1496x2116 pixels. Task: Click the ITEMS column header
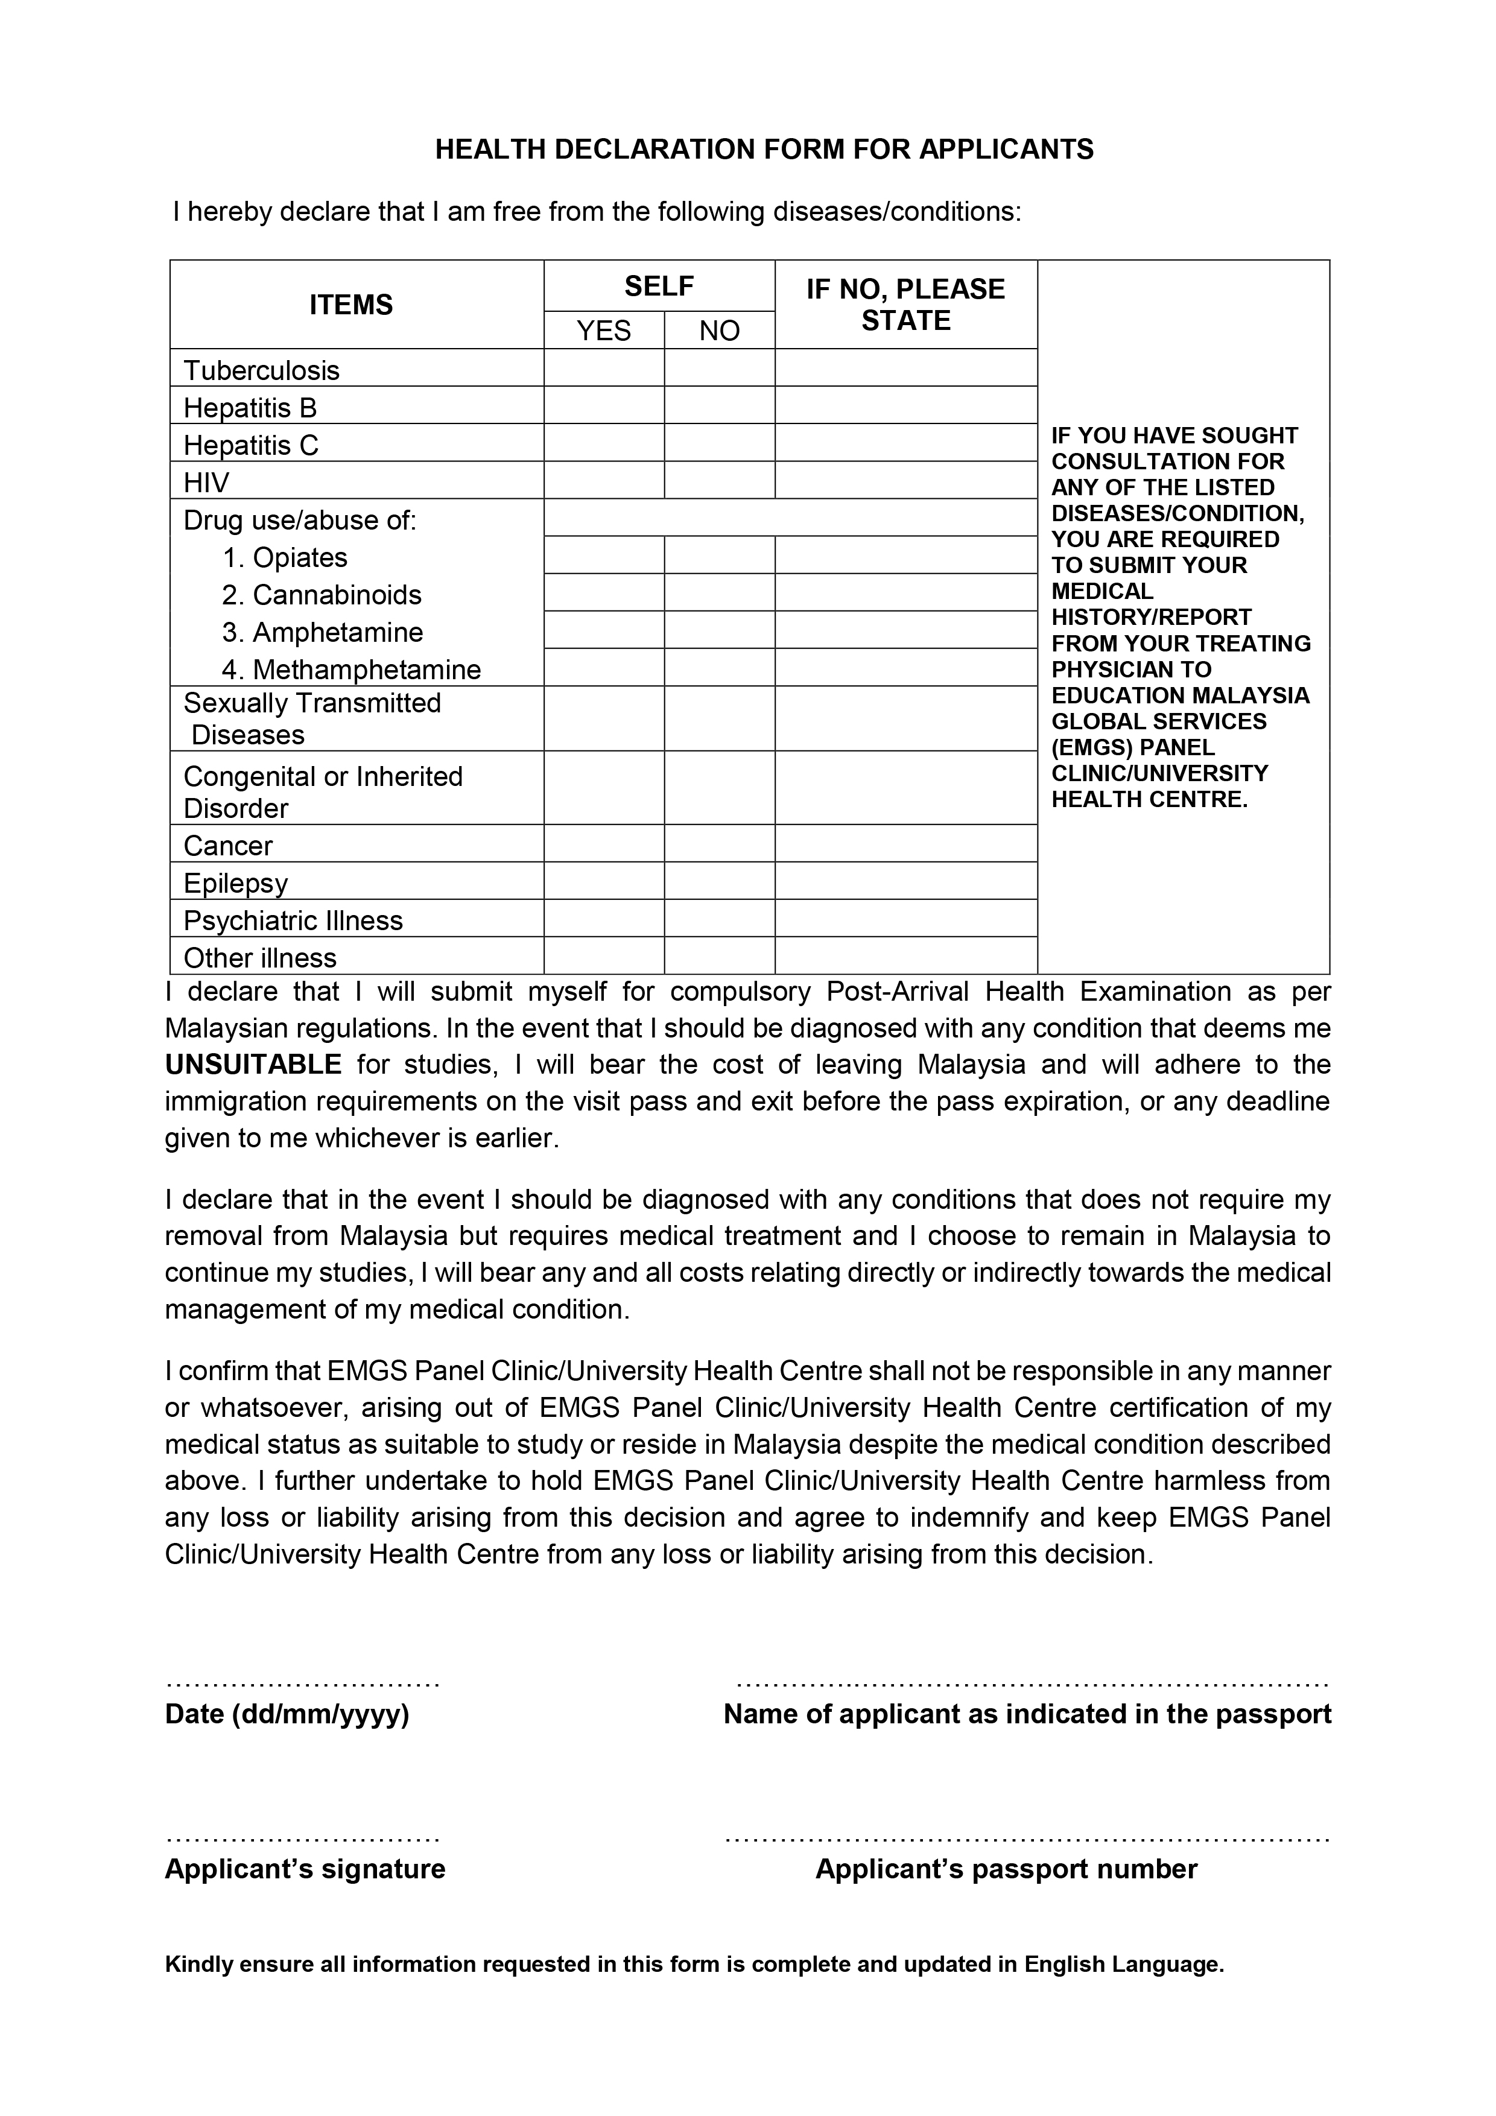click(x=351, y=305)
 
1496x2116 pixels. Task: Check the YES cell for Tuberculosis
click(x=604, y=368)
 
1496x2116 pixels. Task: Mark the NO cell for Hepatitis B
click(x=719, y=405)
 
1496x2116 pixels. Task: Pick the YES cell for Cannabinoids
click(x=604, y=592)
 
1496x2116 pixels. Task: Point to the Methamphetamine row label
click(x=366, y=669)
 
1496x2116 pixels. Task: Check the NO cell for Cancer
click(x=719, y=843)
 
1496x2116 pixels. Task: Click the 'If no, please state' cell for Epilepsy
click(x=906, y=881)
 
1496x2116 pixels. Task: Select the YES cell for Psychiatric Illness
click(x=604, y=918)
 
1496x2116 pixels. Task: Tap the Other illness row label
click(x=260, y=957)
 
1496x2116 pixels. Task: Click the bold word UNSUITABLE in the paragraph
click(x=253, y=1065)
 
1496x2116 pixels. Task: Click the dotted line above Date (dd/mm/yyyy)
click(x=302, y=1685)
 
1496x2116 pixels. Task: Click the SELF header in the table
click(x=659, y=287)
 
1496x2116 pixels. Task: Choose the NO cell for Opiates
click(x=719, y=555)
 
